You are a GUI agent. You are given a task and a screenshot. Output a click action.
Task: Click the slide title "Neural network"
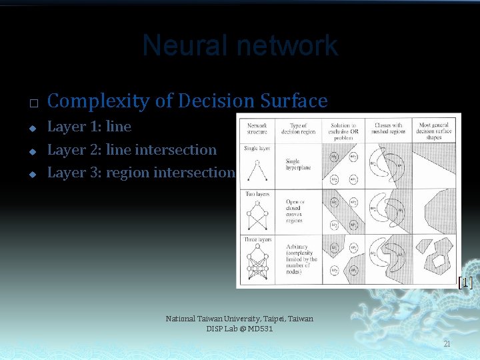click(240, 46)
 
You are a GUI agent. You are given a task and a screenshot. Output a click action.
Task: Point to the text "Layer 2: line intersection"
click(132, 150)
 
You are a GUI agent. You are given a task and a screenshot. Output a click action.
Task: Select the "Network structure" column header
click(257, 128)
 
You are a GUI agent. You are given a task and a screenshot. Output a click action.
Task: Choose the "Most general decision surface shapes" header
click(434, 131)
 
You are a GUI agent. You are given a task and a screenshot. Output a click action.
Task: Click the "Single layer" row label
click(257, 148)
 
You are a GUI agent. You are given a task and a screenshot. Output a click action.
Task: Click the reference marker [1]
click(465, 283)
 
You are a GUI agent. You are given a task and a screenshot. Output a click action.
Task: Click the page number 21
click(447, 343)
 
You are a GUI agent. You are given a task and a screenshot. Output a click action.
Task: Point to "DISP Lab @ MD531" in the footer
click(239, 329)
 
